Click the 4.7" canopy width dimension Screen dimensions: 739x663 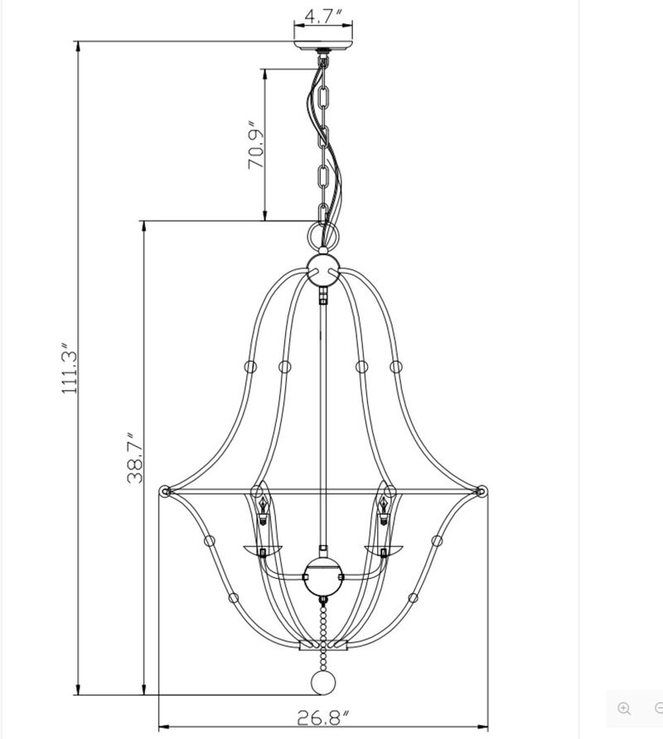[323, 16]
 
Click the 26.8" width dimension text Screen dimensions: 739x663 [324, 718]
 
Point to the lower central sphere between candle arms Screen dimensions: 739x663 [323, 575]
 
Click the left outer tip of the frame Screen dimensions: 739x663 [164, 491]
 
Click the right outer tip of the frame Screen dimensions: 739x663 [482, 491]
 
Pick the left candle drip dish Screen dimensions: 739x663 [262, 548]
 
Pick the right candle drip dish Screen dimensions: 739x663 [385, 548]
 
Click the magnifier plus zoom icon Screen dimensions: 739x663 [624, 708]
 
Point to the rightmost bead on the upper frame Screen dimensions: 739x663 [395, 366]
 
